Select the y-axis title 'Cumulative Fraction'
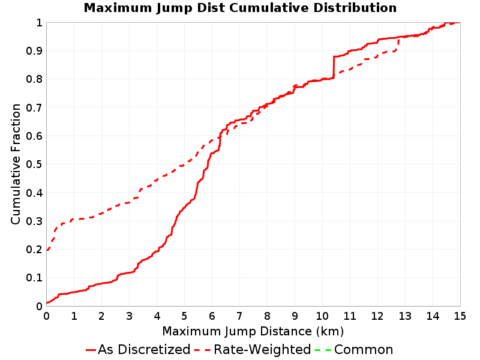16,164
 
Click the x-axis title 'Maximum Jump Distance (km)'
253,332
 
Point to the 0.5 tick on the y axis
34,164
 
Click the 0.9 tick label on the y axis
34,51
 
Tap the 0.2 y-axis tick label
34,250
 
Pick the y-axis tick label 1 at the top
39,23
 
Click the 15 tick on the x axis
460,316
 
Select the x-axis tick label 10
322,316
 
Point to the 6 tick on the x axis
212,316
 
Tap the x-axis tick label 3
129,316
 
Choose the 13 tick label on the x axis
405,316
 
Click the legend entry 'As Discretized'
144,350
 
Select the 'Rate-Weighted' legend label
262,350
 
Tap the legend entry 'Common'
364,350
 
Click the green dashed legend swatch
323,350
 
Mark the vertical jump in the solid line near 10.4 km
334,67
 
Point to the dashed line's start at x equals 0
47,250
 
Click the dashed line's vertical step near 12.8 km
398,44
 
